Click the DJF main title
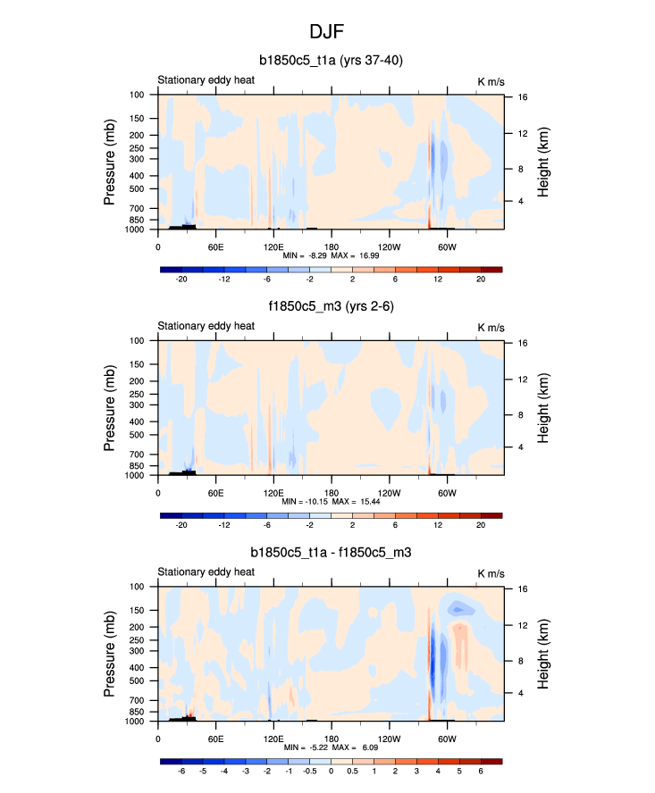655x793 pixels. [x=327, y=32]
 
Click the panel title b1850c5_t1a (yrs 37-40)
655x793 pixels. [x=327, y=61]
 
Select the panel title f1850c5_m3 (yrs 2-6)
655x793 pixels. [x=327, y=307]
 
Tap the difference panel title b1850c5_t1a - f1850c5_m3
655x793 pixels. [x=327, y=554]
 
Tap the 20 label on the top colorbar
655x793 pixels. [x=481, y=280]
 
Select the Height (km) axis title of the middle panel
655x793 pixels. [x=543, y=407]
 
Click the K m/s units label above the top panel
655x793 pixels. [x=491, y=81]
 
